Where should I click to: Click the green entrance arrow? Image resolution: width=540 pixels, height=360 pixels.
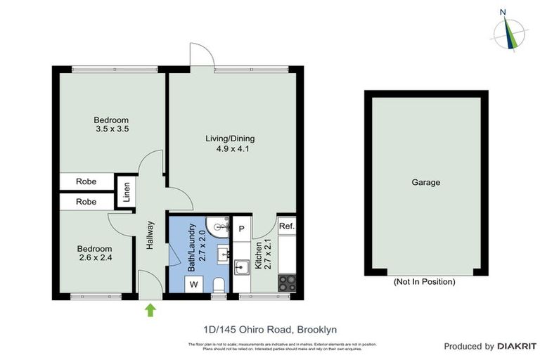[150, 309]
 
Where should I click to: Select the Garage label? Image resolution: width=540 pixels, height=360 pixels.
[425, 183]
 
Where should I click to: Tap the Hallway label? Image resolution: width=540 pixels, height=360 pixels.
[150, 236]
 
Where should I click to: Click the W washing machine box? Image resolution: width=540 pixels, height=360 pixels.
[193, 285]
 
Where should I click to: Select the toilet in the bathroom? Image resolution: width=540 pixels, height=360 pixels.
[219, 285]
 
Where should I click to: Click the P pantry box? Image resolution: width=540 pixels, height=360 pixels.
[241, 228]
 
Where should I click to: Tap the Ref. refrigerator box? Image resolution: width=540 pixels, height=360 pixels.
[286, 226]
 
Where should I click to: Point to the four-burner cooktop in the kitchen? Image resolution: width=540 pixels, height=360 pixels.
[287, 283]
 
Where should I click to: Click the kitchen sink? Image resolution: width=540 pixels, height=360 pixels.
[241, 267]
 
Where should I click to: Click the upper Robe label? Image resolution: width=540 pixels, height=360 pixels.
[86, 181]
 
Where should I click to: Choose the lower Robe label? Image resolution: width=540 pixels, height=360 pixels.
[86, 202]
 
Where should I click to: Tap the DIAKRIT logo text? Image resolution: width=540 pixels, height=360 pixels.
[517, 346]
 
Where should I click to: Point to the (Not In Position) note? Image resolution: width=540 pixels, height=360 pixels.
[425, 282]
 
